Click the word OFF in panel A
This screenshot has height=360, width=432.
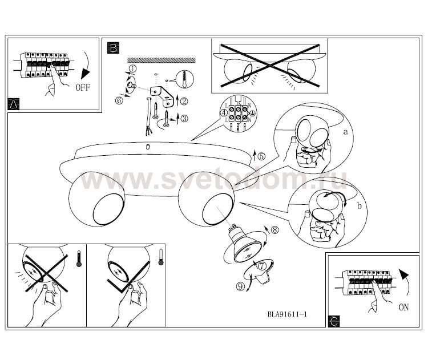[83, 88]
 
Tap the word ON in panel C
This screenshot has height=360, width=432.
[403, 307]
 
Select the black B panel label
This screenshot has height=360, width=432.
[113, 48]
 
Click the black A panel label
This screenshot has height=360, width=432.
[14, 104]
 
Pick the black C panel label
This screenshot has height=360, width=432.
[334, 321]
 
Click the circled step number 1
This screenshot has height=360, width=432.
[132, 68]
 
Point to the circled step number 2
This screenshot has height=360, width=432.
[184, 102]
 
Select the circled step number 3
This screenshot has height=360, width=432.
[184, 119]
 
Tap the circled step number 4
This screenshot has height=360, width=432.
[224, 112]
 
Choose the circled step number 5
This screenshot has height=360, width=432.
[261, 156]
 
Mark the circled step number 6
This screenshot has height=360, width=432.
[119, 100]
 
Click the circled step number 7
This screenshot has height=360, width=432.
[262, 266]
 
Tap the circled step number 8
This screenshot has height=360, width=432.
[274, 229]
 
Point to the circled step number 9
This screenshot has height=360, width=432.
[240, 287]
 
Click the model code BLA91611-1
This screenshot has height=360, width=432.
[287, 314]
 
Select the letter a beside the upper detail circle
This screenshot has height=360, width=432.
[345, 132]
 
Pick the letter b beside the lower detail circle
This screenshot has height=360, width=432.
[360, 206]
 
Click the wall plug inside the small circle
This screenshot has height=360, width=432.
[184, 79]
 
